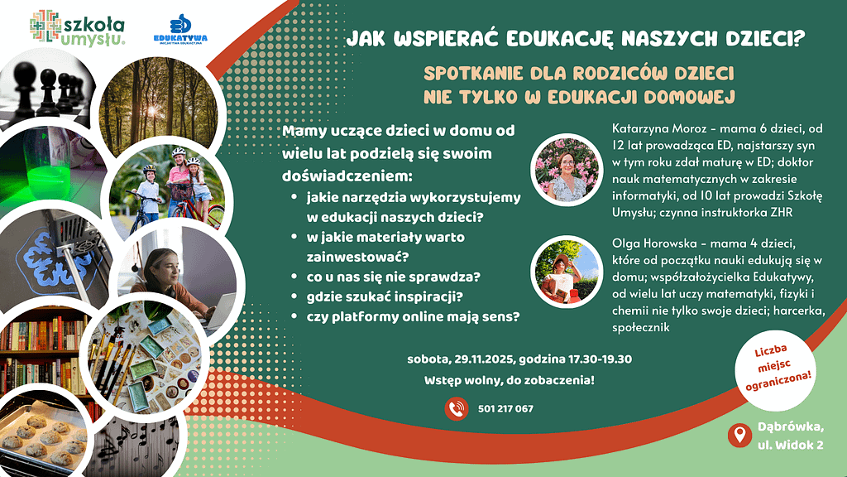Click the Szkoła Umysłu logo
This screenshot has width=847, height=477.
click(x=77, y=27)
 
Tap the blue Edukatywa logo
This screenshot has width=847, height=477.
click(x=180, y=29)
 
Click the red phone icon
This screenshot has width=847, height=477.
click(x=457, y=409)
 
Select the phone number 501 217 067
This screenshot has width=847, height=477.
click(x=505, y=409)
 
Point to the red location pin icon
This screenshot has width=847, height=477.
click(x=739, y=436)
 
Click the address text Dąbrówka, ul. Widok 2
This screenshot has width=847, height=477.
click(x=790, y=436)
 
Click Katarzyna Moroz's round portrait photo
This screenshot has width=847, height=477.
click(x=566, y=169)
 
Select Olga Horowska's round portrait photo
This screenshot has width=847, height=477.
click(x=566, y=272)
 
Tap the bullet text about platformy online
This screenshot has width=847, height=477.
click(x=414, y=317)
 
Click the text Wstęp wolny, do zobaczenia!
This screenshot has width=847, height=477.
click(x=509, y=380)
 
